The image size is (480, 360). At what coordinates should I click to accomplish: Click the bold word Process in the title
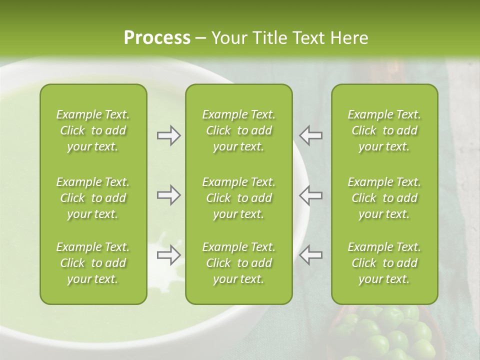point(157,38)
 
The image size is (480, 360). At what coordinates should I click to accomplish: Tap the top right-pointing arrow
point(168,135)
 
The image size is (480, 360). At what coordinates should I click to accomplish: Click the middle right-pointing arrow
point(168,195)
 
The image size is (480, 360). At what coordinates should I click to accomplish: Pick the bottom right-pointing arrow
point(168,254)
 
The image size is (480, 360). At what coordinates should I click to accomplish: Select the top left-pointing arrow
point(310,135)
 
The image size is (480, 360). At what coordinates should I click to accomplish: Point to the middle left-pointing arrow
point(310,195)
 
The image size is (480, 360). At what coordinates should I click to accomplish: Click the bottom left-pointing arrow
point(310,254)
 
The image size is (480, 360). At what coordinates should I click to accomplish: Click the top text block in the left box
point(93,130)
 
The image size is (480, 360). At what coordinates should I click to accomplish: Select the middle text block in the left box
point(93,198)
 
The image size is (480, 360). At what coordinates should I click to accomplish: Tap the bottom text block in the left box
point(93,263)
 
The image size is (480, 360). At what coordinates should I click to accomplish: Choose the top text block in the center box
point(238,130)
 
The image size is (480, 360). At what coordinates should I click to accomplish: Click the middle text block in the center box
point(238,198)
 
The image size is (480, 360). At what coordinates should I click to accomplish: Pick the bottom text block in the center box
point(238,263)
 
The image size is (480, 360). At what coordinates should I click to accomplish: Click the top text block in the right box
point(384,130)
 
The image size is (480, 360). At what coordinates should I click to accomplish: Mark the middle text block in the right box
point(384,198)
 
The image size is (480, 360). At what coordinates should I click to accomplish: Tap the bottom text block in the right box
point(384,263)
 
